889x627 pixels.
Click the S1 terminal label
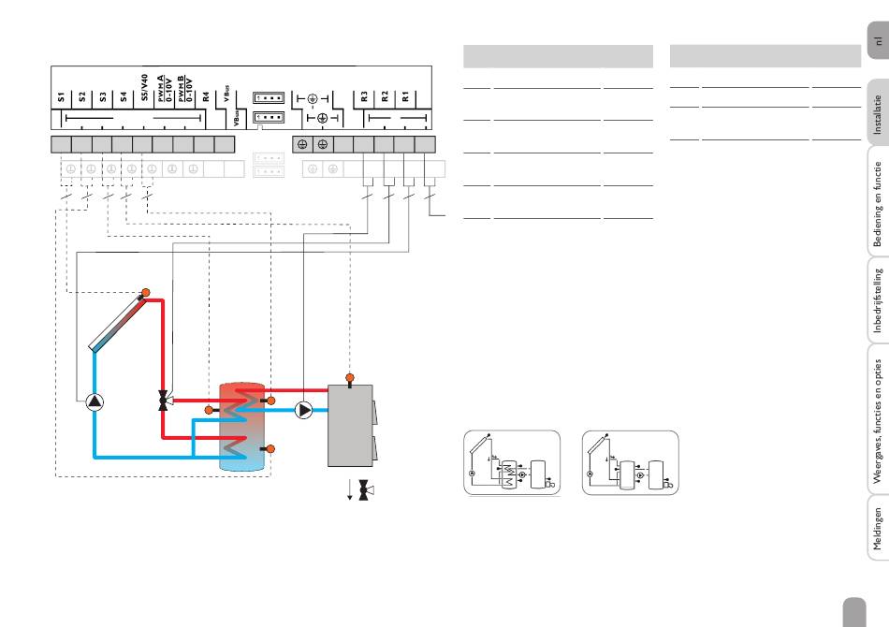[61, 97]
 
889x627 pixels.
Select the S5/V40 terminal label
[144, 88]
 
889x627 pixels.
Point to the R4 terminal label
[206, 97]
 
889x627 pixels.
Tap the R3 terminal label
[364, 97]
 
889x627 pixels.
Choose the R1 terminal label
[405, 97]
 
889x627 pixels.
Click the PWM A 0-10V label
[165, 89]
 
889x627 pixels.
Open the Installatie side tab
[877, 113]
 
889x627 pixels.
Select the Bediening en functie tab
[877, 202]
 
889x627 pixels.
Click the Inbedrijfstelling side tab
[877, 299]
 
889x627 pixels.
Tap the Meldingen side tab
[877, 529]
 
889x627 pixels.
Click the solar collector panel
[117, 321]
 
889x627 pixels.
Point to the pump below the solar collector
[95, 402]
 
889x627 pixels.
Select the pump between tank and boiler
[304, 410]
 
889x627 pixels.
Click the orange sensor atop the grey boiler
[350, 377]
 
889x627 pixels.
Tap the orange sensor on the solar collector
[146, 293]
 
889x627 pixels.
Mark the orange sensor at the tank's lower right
[270, 449]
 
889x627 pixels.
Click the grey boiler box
[350, 426]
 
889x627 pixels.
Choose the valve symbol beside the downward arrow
[364, 490]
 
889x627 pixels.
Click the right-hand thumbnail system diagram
[631, 462]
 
